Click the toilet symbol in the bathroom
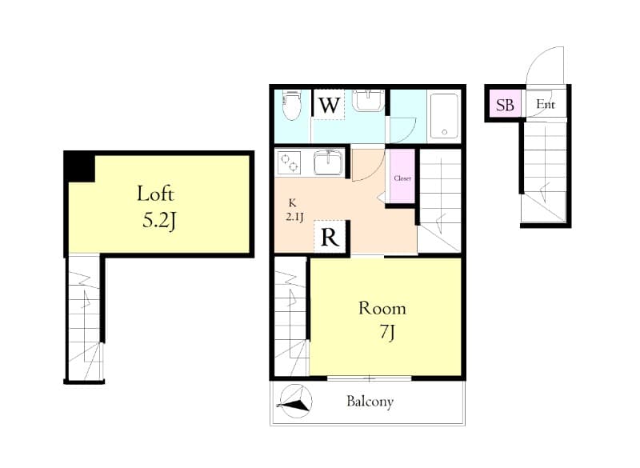(x=292, y=105)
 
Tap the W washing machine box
(x=328, y=105)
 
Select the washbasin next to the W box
(x=367, y=102)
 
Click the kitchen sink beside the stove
(x=327, y=162)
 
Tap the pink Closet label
(x=402, y=178)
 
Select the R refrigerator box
(x=330, y=237)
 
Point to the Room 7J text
(x=382, y=318)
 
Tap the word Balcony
(x=370, y=402)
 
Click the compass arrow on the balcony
(x=294, y=402)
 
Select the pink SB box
(x=504, y=105)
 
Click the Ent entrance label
(x=545, y=105)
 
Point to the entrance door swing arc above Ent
(x=545, y=64)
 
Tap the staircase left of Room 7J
(x=290, y=316)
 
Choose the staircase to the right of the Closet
(x=440, y=200)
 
